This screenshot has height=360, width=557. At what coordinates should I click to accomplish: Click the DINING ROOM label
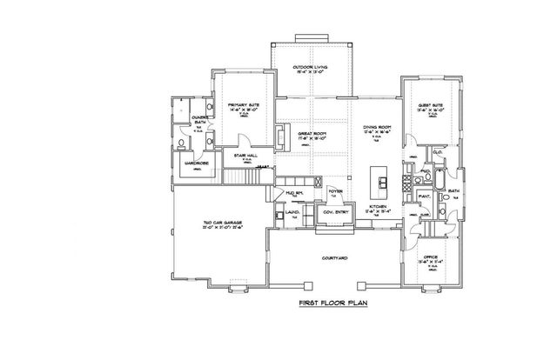(x=378, y=129)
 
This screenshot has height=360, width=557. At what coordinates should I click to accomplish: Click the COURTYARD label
(x=335, y=257)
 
